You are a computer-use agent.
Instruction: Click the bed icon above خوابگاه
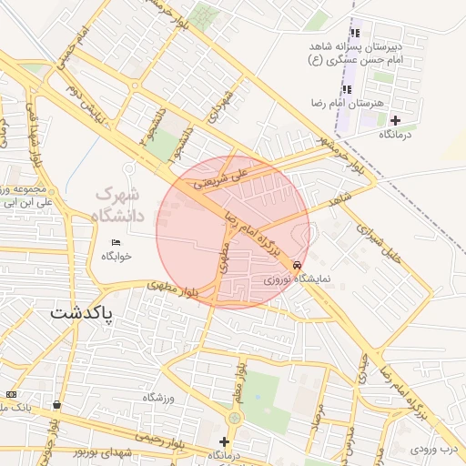(x=115, y=242)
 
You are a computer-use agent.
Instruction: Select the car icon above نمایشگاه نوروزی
(x=298, y=265)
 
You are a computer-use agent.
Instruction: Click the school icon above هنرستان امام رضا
(x=347, y=89)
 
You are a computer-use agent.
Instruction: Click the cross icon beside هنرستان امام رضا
(x=394, y=119)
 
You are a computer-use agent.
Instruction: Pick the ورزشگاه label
(x=158, y=398)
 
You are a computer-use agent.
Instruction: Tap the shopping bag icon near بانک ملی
(x=57, y=405)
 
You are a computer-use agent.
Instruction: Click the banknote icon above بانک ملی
(x=11, y=393)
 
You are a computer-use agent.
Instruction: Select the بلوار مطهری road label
(x=173, y=291)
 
